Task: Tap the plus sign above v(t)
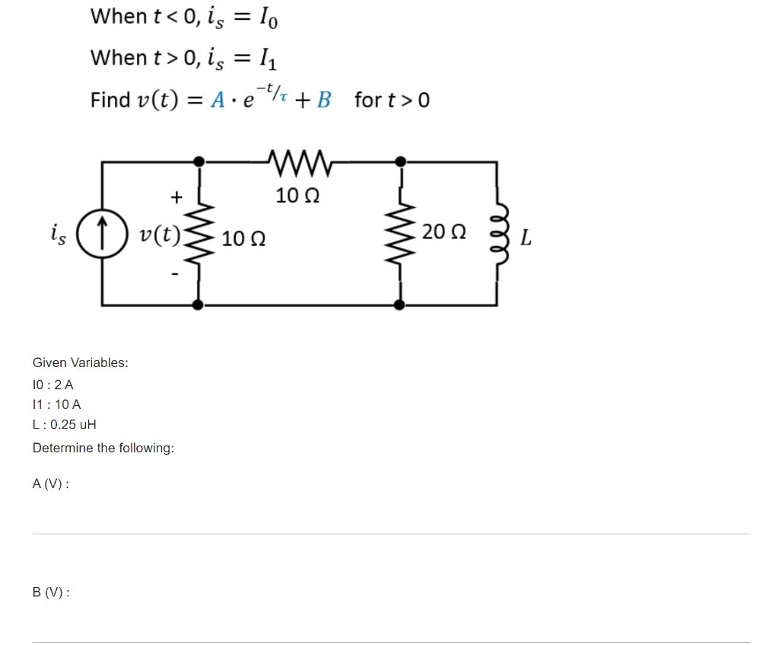click(x=176, y=197)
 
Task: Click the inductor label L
click(x=526, y=241)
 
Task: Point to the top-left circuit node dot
click(x=199, y=161)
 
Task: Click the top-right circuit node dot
click(x=399, y=161)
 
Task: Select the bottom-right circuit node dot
click(x=399, y=305)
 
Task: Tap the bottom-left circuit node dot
click(x=199, y=305)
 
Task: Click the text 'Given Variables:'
click(x=80, y=362)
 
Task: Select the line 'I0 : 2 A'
click(x=53, y=385)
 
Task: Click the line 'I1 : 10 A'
click(x=56, y=404)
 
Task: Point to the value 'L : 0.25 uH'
click(x=64, y=425)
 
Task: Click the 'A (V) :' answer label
click(x=51, y=483)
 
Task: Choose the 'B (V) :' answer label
click(x=51, y=592)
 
